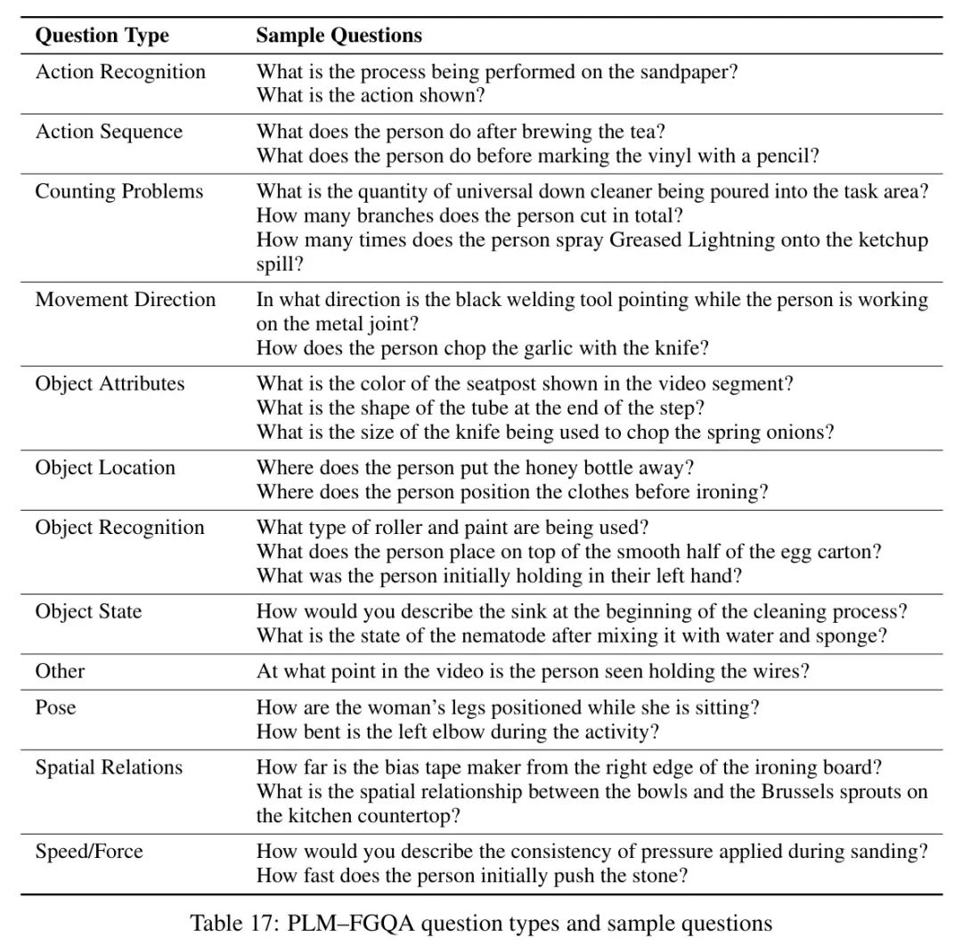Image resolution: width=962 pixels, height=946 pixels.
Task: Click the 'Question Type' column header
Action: (102, 36)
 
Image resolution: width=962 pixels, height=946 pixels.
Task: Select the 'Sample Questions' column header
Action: (338, 36)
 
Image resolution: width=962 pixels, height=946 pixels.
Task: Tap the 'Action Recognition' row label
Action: (120, 72)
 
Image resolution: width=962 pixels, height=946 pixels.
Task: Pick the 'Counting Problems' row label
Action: (119, 191)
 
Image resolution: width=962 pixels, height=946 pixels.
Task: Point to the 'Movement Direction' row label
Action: (126, 300)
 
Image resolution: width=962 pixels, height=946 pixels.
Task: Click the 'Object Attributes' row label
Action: (110, 384)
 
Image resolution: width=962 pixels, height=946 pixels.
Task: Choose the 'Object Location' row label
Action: (105, 468)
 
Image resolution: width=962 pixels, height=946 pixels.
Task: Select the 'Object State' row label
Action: (88, 611)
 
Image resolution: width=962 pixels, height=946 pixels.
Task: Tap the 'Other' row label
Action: (61, 671)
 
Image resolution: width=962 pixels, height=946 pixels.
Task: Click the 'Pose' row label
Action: (55, 707)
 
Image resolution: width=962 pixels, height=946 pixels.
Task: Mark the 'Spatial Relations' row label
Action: (109, 767)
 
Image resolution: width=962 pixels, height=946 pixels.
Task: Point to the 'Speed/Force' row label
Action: (88, 851)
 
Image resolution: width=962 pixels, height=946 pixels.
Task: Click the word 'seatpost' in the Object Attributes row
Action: (502, 384)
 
